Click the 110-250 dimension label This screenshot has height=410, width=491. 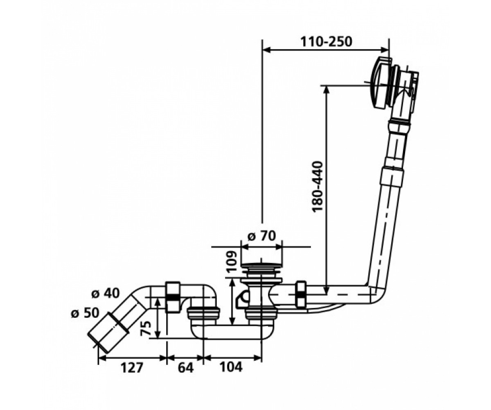click(x=327, y=42)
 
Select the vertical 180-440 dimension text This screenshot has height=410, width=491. click(x=319, y=187)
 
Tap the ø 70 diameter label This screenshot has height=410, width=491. click(x=262, y=236)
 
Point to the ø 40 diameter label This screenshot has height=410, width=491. click(x=106, y=294)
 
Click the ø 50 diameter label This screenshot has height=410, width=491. click(x=85, y=313)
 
